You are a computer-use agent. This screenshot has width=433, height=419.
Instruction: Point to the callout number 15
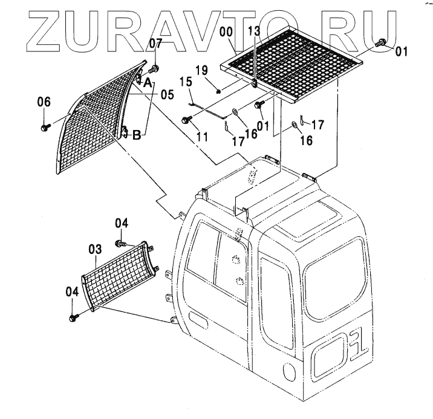[x=185, y=80]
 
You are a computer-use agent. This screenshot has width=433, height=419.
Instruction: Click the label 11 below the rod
[x=202, y=137]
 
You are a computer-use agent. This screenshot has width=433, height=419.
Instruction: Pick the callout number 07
[x=156, y=42]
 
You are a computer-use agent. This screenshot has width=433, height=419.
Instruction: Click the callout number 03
[x=95, y=248]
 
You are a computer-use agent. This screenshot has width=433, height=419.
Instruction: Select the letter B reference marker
[x=137, y=135]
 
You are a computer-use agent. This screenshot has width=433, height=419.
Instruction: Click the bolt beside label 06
[x=45, y=128]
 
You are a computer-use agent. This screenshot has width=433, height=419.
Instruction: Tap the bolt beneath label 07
[x=155, y=68]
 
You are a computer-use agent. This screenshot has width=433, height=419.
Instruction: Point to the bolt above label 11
[x=186, y=120]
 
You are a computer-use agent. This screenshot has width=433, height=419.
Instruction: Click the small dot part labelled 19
[x=218, y=91]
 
